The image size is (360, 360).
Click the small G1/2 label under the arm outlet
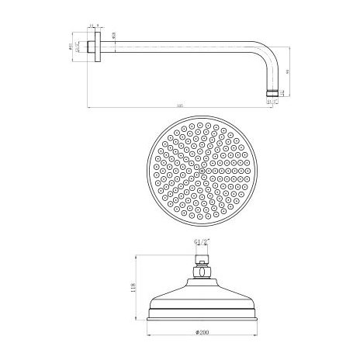(271, 101)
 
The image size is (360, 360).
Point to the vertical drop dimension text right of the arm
(288, 71)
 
